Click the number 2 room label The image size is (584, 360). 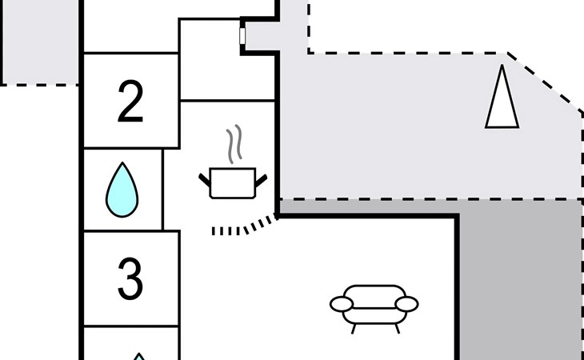[x=130, y=102]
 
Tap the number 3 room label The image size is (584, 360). [x=130, y=279]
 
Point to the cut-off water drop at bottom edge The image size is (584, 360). [x=139, y=356]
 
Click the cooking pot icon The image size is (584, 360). [x=232, y=182]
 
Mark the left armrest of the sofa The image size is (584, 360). [x=342, y=304]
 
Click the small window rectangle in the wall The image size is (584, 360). [x=242, y=36]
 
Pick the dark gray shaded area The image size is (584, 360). [x=520, y=280]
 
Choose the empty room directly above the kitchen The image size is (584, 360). [x=227, y=60]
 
